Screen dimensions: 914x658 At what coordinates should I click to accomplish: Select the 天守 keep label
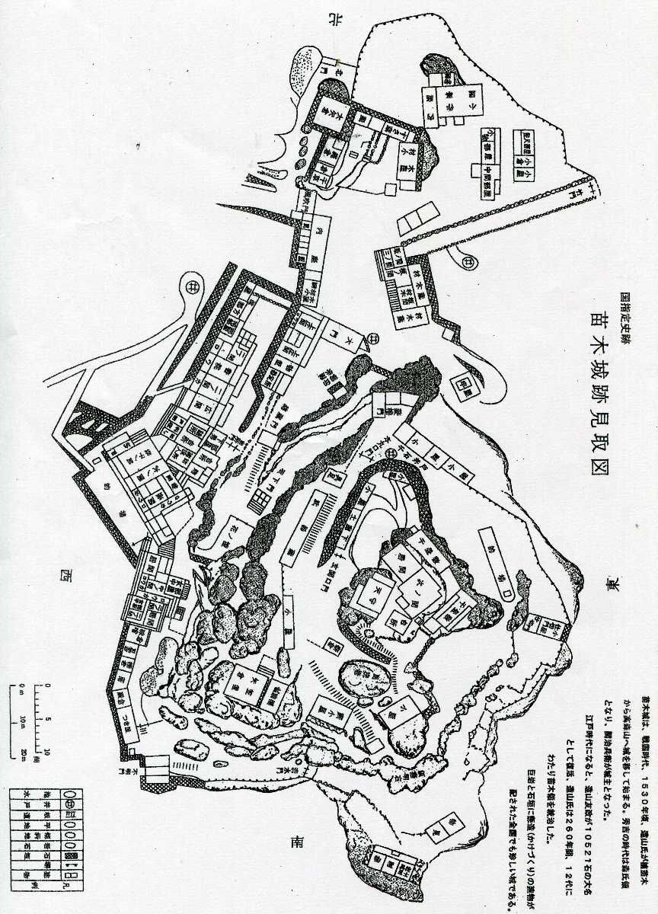coord(375,590)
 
